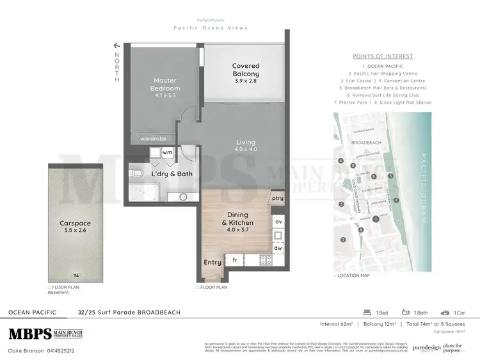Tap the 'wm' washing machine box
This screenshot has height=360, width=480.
coord(167,153)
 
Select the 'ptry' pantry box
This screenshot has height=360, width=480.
coord(277,199)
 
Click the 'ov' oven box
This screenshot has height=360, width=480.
coord(278,222)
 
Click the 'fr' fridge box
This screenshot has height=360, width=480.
coord(234,261)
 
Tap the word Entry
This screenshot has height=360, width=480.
coord(212,262)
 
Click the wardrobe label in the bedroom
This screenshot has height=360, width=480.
coord(154,138)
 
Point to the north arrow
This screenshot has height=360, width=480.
coord(117,46)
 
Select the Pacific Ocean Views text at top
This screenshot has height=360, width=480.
coord(211,28)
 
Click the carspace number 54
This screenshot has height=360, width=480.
coord(76,275)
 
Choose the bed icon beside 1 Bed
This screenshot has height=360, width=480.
coord(367,313)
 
